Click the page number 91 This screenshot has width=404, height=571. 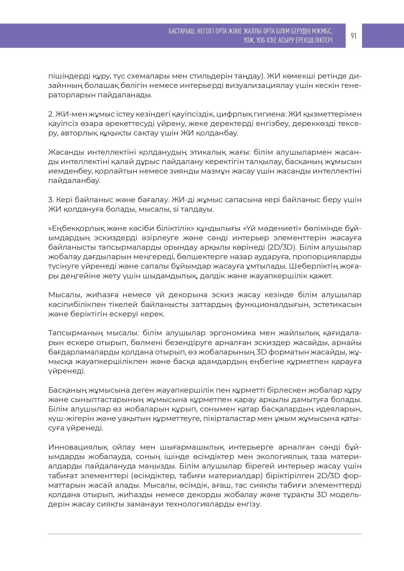point(354,36)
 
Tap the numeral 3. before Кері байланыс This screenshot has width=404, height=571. point(51,200)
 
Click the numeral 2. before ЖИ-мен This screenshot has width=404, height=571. point(51,114)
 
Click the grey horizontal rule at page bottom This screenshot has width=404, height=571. point(205,534)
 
